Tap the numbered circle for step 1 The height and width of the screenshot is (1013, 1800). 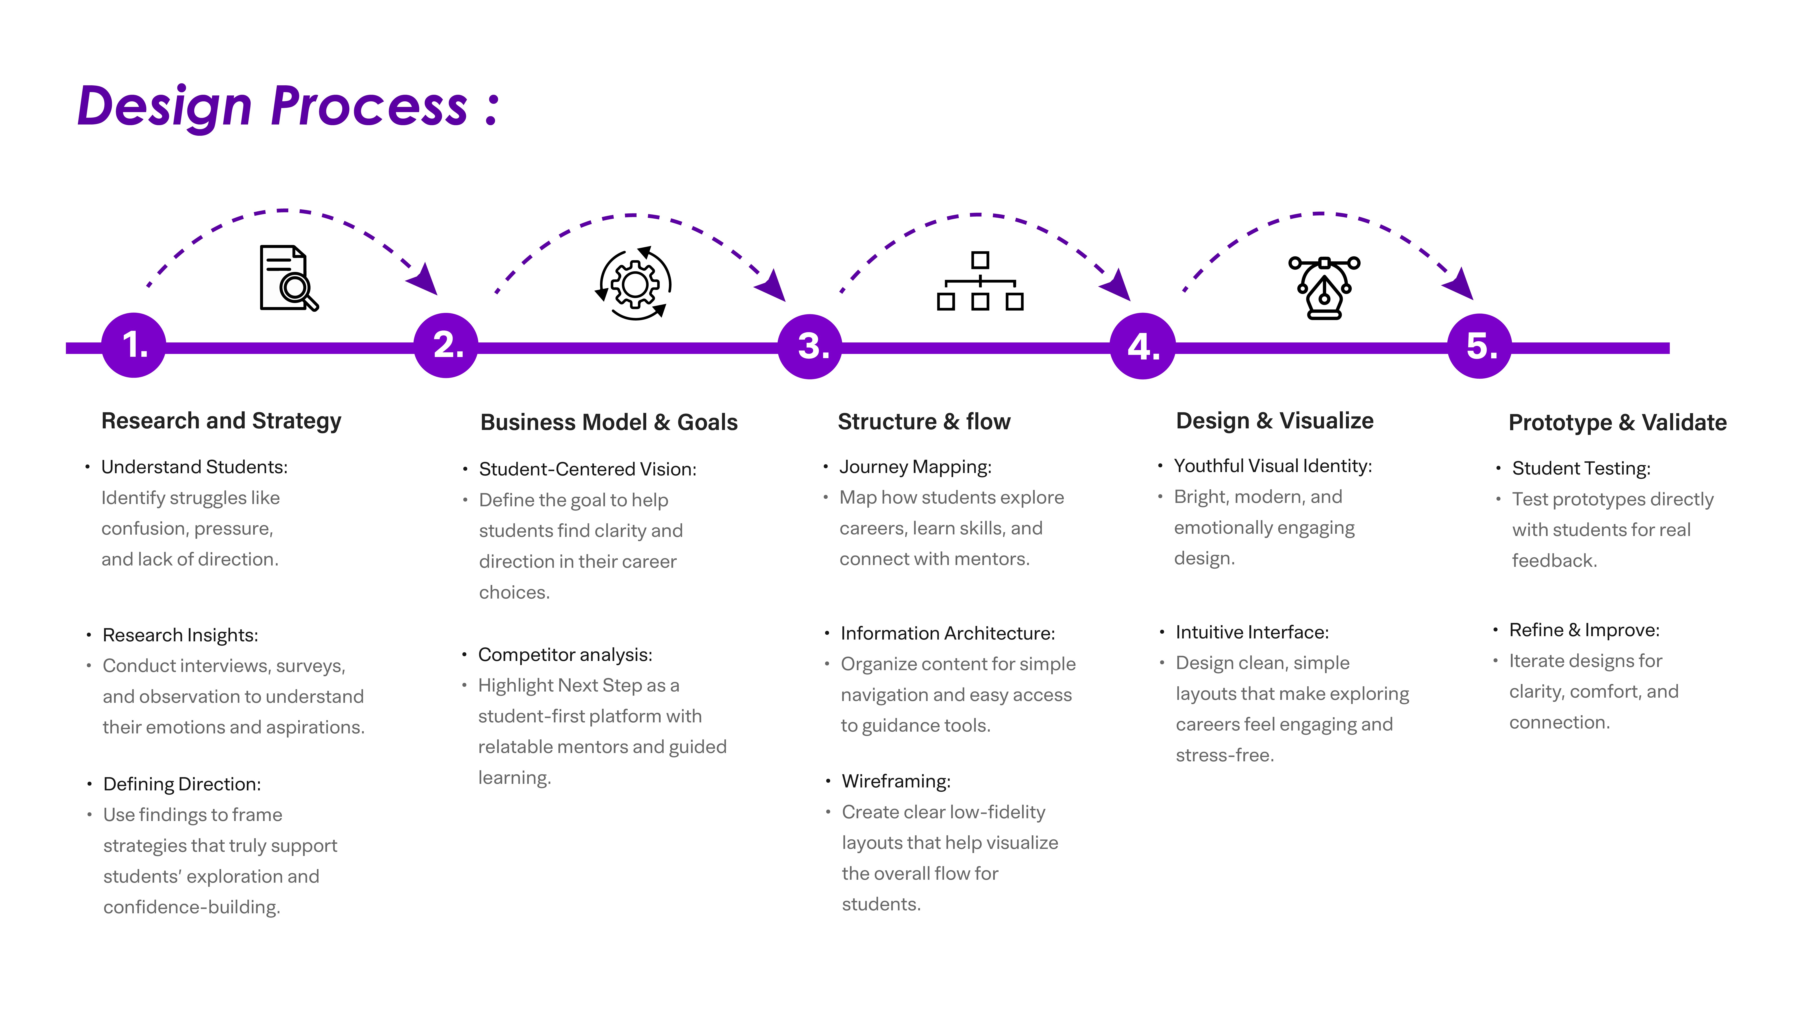tap(133, 345)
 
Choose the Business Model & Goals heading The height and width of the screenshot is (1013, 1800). tap(609, 422)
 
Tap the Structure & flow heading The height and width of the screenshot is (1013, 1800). tap(924, 422)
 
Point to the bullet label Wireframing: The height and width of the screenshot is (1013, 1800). tap(896, 781)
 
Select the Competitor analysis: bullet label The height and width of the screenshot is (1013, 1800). tap(565, 654)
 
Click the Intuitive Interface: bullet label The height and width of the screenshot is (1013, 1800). tap(1251, 632)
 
